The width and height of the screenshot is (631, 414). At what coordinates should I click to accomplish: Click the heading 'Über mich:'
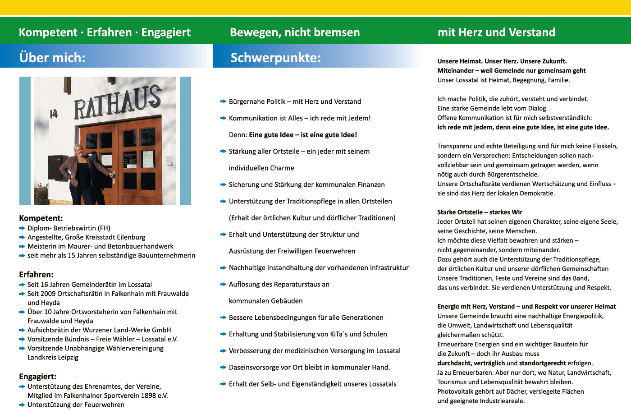point(52,57)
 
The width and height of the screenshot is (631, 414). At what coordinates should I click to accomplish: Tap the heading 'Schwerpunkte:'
point(275,57)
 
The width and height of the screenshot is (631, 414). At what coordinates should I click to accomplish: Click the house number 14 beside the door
point(54,114)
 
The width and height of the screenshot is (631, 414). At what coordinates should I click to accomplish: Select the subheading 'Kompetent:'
point(41,218)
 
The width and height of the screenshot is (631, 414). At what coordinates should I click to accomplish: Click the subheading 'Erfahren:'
point(36,275)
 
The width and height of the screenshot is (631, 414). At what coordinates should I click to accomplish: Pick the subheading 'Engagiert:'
point(38,377)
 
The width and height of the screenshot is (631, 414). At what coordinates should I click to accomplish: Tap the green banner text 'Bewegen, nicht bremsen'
point(295,32)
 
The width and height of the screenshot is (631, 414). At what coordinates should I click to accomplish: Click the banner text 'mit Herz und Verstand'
point(496,32)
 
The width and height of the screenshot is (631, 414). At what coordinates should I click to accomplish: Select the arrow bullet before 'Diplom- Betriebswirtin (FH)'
point(22,229)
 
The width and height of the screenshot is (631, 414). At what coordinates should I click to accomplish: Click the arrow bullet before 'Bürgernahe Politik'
point(223,102)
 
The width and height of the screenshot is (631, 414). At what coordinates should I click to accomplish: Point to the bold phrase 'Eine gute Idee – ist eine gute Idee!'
point(303,135)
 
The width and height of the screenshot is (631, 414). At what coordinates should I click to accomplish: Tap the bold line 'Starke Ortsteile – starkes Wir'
point(480,212)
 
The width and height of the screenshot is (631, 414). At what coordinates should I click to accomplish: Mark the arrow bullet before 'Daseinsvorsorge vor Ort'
point(223,368)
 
